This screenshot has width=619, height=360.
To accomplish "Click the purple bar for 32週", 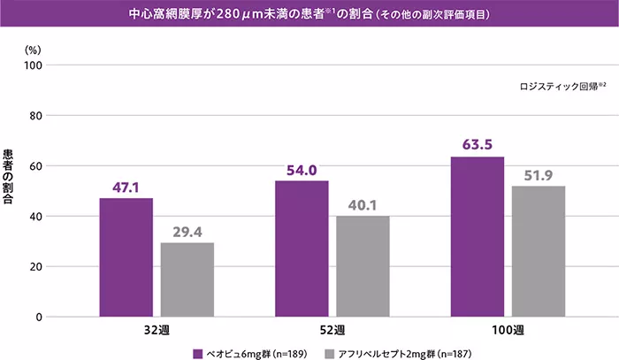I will click(x=126, y=257).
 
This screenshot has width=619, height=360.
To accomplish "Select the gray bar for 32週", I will click(x=187, y=279).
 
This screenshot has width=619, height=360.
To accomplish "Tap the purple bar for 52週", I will click(x=302, y=248).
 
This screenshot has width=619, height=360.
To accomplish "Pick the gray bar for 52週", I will click(x=363, y=265).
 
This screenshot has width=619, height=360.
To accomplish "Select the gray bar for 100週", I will click(x=539, y=250).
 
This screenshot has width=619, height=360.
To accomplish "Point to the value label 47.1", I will click(x=126, y=188).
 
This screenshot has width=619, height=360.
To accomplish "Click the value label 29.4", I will click(x=187, y=232).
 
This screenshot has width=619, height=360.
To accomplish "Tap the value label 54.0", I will click(x=302, y=170).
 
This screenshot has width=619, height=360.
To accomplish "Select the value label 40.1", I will click(x=363, y=205).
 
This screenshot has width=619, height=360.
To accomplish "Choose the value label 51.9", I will click(x=539, y=175).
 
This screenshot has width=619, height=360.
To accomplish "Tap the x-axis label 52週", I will click(x=332, y=330).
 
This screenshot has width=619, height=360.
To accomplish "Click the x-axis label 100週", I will click(x=508, y=330).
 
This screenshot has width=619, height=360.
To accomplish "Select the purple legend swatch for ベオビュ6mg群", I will click(x=199, y=352).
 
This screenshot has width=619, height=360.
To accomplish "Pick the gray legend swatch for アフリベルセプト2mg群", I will click(x=330, y=352).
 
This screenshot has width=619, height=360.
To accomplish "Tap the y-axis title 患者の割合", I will click(x=9, y=177).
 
